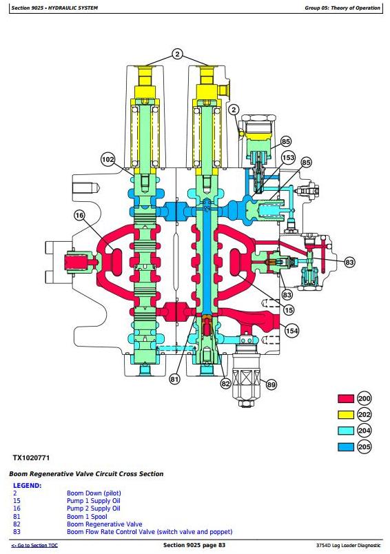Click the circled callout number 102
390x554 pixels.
(x=107, y=159)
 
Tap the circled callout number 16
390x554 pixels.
(x=80, y=216)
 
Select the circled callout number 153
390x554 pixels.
(x=288, y=158)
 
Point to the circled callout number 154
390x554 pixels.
(x=291, y=331)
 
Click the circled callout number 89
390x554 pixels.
(x=271, y=384)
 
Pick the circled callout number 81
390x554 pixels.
(x=174, y=380)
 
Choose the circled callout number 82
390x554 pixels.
(x=225, y=384)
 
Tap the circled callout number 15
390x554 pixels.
(x=289, y=310)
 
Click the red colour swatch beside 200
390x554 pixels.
(x=346, y=399)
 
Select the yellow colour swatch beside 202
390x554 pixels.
(x=346, y=415)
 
